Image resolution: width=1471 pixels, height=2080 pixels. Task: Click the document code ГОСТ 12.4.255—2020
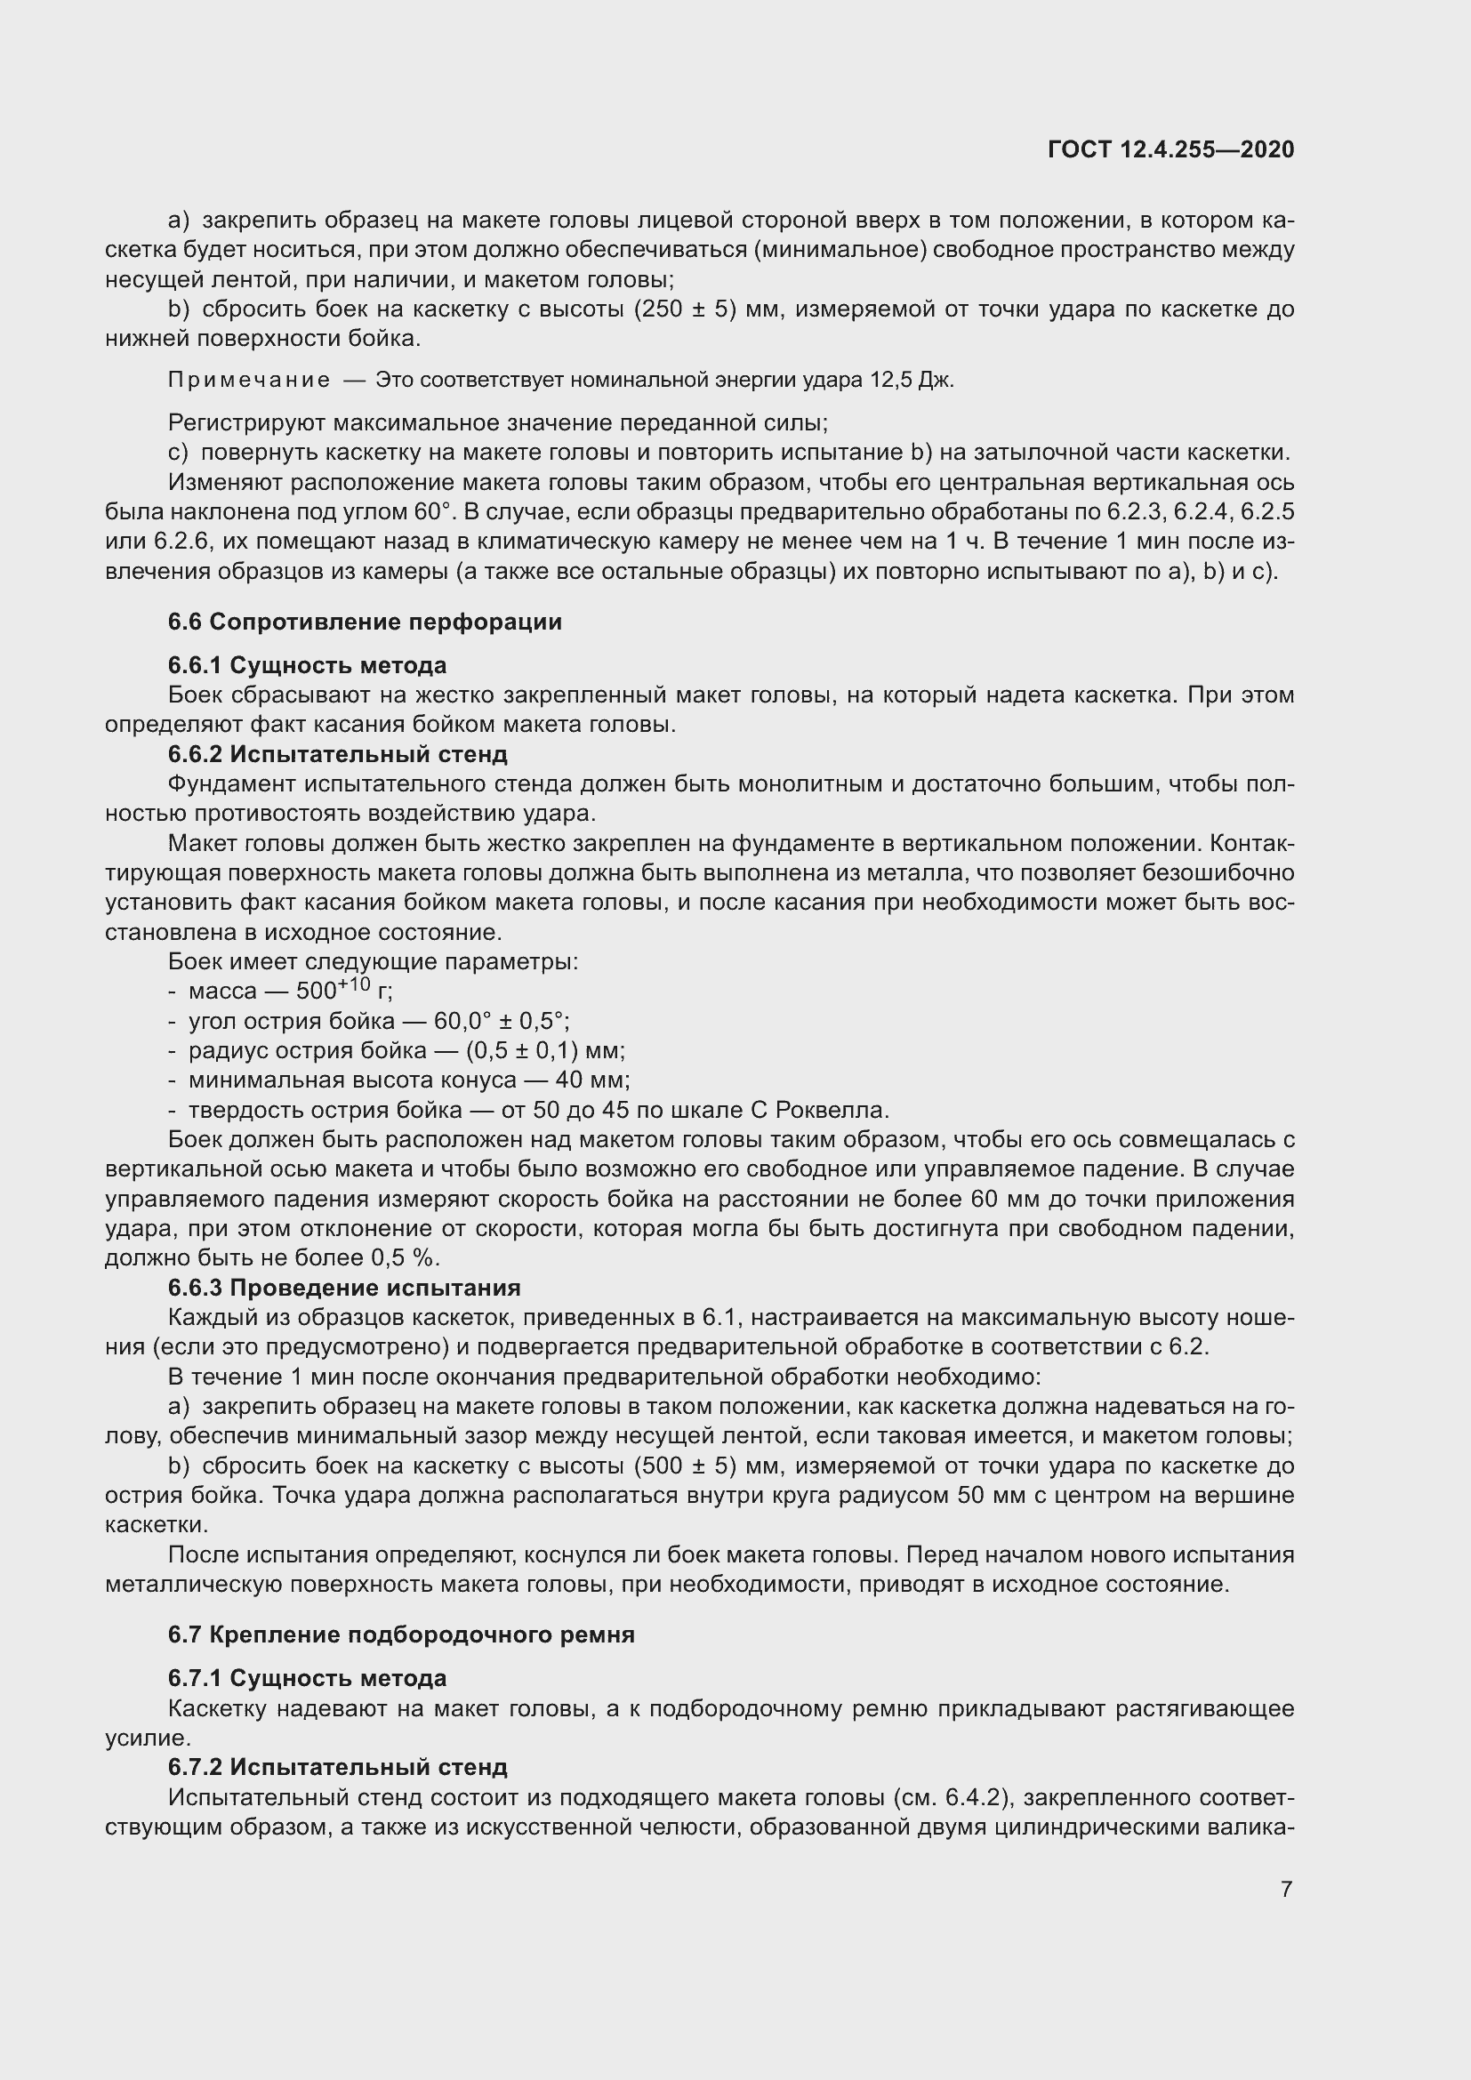[x=1170, y=150]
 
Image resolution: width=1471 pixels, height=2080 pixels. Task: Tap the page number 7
[x=1286, y=1889]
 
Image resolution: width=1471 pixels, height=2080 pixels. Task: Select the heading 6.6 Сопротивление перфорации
[x=365, y=622]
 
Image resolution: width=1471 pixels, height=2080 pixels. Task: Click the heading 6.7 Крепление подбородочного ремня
[x=401, y=1634]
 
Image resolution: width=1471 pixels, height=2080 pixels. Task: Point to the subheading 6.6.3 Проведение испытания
[x=344, y=1288]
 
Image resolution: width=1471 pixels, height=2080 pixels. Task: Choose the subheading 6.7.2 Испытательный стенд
[x=337, y=1767]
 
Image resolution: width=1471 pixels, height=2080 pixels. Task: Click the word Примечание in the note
[x=249, y=381]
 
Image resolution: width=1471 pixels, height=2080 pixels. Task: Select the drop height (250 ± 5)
[x=686, y=309]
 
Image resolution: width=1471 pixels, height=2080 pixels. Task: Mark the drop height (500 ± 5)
[x=686, y=1466]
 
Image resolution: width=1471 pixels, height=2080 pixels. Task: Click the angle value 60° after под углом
[x=432, y=512]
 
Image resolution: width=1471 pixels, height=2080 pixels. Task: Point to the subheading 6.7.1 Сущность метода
[x=307, y=1679]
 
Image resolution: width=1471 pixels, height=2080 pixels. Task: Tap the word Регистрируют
[x=246, y=423]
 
